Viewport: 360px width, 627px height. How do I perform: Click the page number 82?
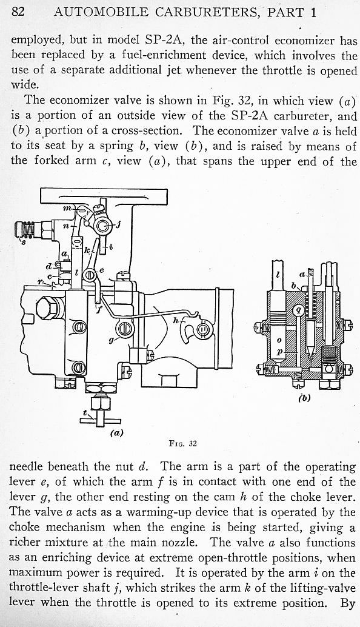[x=18, y=12]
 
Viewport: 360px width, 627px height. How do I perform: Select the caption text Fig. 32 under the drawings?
[x=183, y=443]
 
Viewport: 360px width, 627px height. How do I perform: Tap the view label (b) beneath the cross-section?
[x=304, y=398]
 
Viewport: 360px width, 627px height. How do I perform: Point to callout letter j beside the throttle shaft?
[x=118, y=225]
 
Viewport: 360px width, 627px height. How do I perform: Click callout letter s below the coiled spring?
[x=23, y=243]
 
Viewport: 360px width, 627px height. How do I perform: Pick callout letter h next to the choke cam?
[x=175, y=320]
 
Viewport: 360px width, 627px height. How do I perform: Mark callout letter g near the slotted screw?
[x=111, y=340]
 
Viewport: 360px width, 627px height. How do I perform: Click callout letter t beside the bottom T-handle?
[x=85, y=412]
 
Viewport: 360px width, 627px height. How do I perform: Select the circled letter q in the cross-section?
[x=298, y=310]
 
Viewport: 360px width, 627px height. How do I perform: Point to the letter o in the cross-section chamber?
[x=279, y=340]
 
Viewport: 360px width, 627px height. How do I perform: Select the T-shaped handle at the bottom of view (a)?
[x=100, y=417]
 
